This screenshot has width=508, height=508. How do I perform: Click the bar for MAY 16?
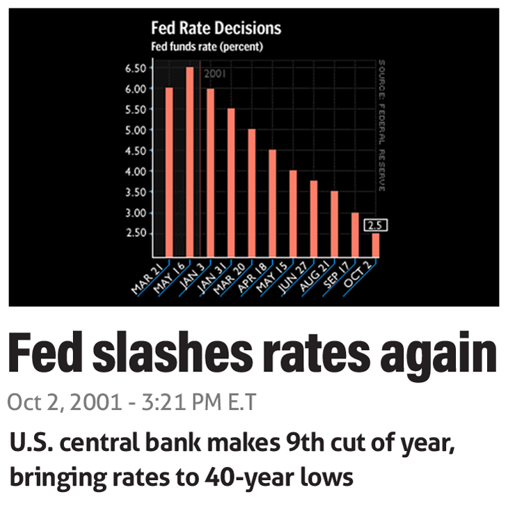click(x=189, y=161)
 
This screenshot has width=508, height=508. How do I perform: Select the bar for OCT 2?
click(x=376, y=245)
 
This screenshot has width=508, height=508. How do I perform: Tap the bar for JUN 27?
click(x=314, y=219)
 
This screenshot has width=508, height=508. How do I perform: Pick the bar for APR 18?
click(x=272, y=203)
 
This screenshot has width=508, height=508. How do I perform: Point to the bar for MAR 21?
click(x=168, y=172)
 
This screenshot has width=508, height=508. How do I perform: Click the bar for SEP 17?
click(x=355, y=235)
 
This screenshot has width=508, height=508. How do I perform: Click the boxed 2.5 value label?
click(x=376, y=225)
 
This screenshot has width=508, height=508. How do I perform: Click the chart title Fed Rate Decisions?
click(x=216, y=29)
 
